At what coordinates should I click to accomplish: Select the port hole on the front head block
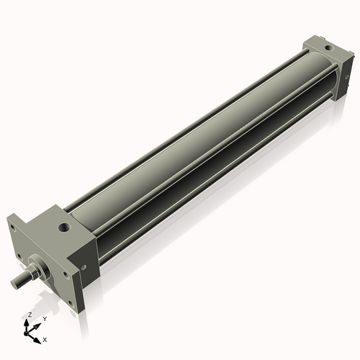[64, 228]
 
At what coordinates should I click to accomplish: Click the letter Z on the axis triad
[29, 315]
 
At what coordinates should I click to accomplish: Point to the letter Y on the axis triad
[44, 318]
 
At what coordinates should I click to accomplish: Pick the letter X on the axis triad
[45, 338]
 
